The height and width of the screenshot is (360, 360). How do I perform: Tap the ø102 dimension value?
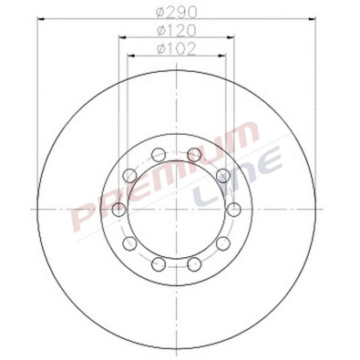[177, 48]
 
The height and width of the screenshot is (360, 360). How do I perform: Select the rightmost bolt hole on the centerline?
[234, 210]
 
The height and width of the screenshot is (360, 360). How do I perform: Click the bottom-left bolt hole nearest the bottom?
[159, 264]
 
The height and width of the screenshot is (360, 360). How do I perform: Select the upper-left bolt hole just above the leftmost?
[130, 176]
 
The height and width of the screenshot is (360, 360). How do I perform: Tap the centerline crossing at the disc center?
[177, 210]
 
